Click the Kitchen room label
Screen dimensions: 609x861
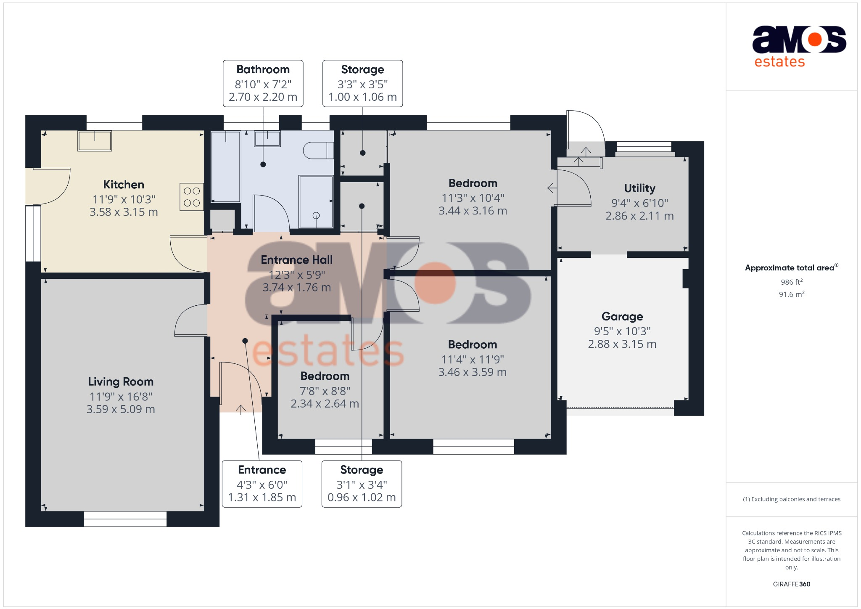click(124, 185)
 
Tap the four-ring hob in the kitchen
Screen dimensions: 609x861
click(192, 197)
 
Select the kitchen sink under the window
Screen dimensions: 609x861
click(95, 141)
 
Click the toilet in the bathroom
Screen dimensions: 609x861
click(318, 150)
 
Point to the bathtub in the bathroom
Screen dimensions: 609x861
click(226, 167)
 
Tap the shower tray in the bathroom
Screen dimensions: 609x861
click(316, 202)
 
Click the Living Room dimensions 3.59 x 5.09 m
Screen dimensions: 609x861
click(121, 409)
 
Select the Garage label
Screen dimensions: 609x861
click(622, 316)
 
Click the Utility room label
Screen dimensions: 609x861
click(639, 188)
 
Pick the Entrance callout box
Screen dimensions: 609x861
click(262, 484)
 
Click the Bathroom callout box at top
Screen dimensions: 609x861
click(263, 83)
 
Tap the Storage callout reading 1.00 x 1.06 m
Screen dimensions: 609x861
click(362, 83)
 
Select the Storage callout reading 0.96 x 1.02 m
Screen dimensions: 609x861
click(362, 484)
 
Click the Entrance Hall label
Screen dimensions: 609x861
click(297, 260)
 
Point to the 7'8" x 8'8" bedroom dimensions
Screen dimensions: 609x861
click(325, 391)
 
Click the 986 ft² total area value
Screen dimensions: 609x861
click(792, 282)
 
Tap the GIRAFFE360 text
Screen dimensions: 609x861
click(792, 584)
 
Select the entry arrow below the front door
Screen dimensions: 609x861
click(240, 410)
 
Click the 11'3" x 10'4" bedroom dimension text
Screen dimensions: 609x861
click(473, 198)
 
